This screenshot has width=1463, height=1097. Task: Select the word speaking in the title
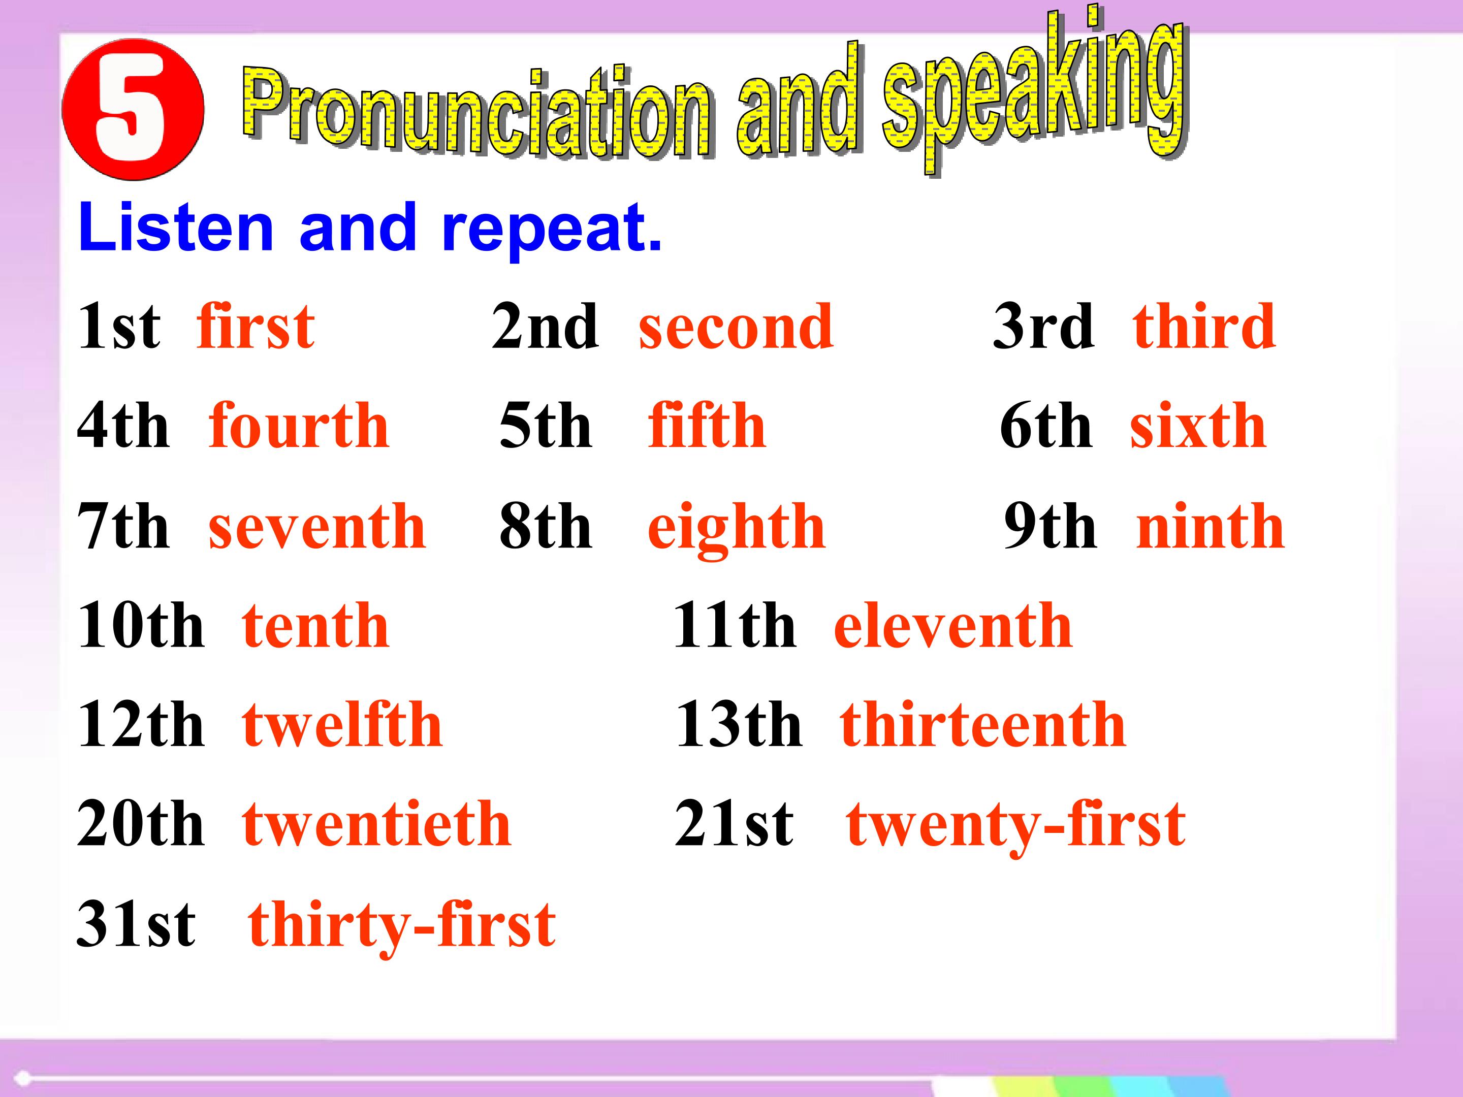[x=1035, y=92]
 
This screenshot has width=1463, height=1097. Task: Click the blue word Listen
[x=176, y=228]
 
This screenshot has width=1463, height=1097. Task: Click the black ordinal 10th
[x=141, y=626]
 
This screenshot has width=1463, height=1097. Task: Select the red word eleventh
[x=953, y=626]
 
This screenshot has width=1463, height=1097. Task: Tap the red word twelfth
[x=342, y=725]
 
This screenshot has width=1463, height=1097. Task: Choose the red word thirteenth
[x=983, y=725]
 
